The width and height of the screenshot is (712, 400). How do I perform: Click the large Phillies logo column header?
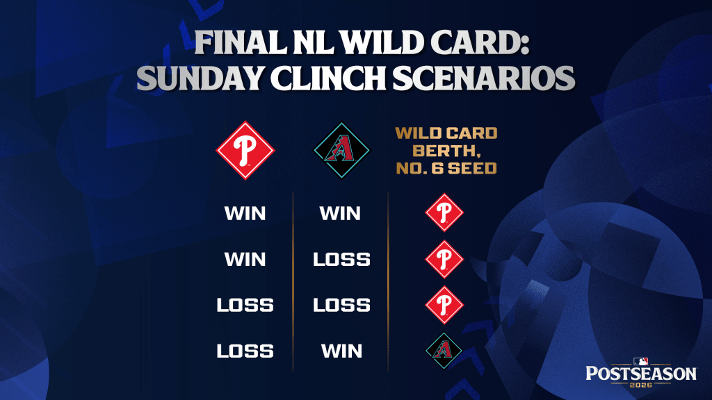click(245, 150)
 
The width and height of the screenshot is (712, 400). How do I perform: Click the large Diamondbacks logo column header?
click(341, 150)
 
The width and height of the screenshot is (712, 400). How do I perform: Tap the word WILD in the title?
click(380, 43)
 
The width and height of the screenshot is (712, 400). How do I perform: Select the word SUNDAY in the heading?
click(201, 78)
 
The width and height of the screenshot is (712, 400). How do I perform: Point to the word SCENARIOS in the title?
click(484, 78)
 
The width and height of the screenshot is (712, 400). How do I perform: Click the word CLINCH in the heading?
click(328, 78)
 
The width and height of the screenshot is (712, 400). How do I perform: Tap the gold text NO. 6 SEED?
click(446, 168)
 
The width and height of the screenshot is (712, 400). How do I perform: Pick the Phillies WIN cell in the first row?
click(245, 213)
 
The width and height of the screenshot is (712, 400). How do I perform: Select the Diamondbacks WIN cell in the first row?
click(340, 213)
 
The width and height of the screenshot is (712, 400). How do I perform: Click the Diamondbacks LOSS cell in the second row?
click(341, 260)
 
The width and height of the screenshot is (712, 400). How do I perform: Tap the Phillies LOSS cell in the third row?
click(245, 306)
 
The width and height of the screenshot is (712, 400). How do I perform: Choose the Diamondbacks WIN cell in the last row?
click(341, 351)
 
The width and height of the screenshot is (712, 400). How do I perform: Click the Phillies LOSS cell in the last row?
click(245, 351)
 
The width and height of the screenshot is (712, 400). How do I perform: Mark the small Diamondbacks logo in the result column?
click(444, 351)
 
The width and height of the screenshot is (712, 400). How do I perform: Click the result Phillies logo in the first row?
click(444, 212)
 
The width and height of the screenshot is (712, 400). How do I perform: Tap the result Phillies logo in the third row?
click(444, 306)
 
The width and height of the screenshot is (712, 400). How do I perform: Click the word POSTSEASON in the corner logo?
click(641, 374)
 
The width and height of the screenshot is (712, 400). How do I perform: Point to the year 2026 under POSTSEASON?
click(641, 385)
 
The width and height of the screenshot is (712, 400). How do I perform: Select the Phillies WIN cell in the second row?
click(245, 260)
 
